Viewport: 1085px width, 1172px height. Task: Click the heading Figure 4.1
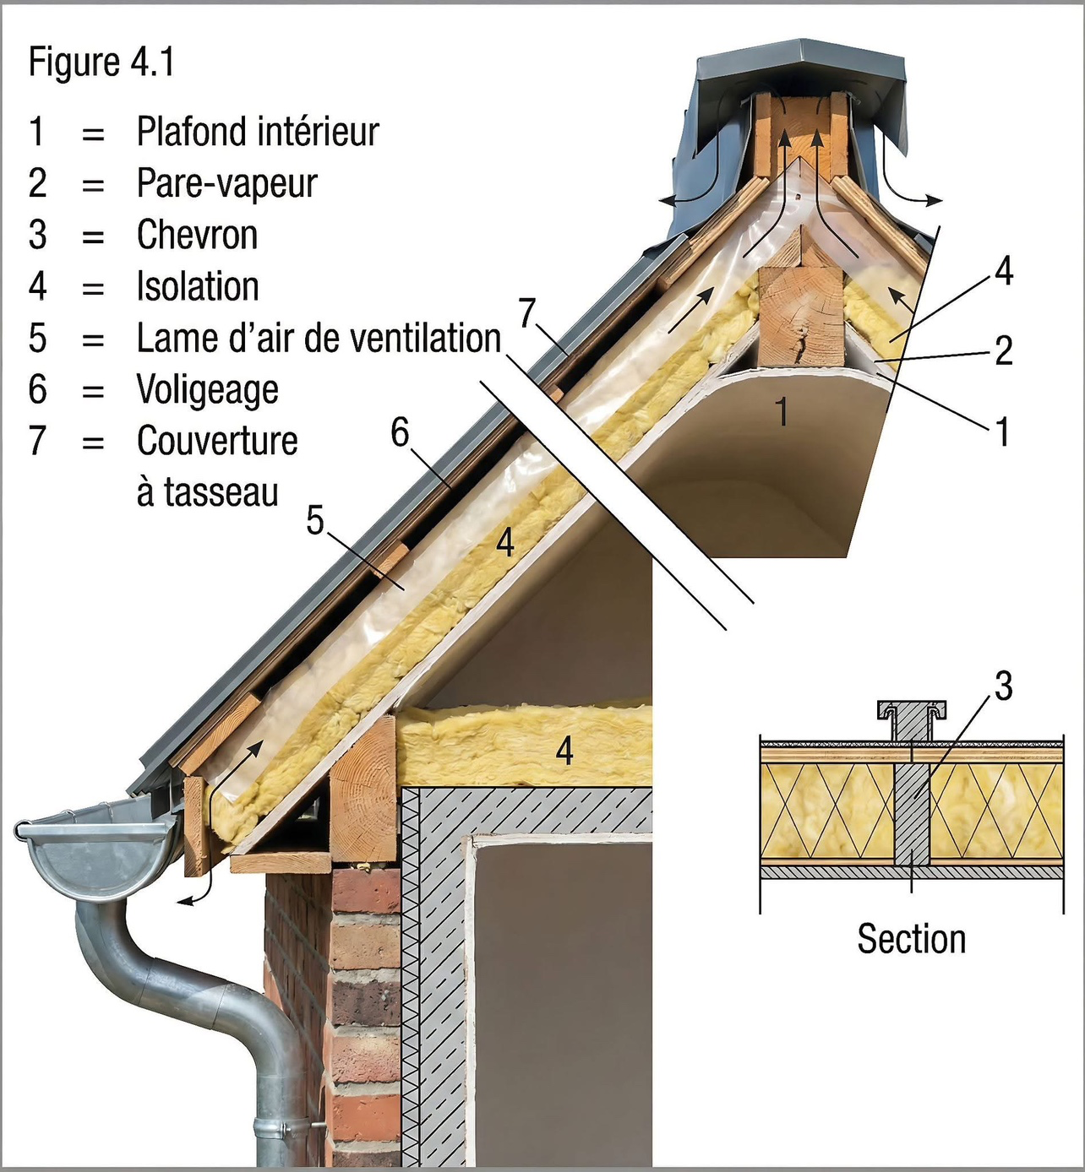pyautogui.click(x=101, y=62)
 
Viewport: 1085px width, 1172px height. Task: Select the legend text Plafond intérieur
pyautogui.click(x=258, y=132)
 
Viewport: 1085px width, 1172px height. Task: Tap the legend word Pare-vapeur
pyautogui.click(x=226, y=183)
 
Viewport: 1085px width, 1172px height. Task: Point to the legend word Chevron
pyautogui.click(x=197, y=235)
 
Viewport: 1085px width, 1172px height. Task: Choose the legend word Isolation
pyautogui.click(x=198, y=286)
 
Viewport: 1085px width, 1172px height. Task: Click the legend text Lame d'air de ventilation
pyautogui.click(x=319, y=339)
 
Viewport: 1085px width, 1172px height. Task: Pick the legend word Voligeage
pyautogui.click(x=208, y=389)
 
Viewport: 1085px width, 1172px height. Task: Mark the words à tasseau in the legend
pyautogui.click(x=207, y=492)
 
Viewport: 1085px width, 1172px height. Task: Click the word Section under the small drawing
pyautogui.click(x=911, y=939)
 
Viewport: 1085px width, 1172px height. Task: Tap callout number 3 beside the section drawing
pyautogui.click(x=1003, y=686)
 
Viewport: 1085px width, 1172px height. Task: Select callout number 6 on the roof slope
pyautogui.click(x=400, y=432)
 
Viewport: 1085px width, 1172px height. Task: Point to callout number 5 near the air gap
pyautogui.click(x=315, y=520)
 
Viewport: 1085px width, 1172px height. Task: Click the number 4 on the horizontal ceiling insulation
pyautogui.click(x=564, y=750)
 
